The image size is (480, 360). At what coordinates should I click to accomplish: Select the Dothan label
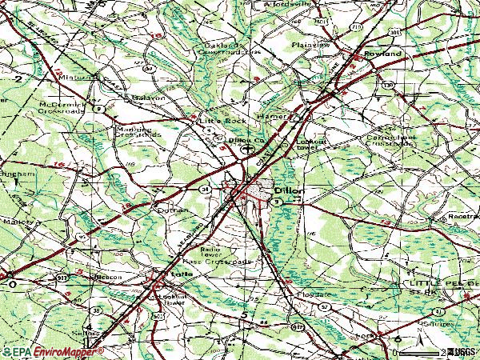coord(172,210)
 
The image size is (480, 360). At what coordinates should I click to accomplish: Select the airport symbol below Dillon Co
coord(249,149)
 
